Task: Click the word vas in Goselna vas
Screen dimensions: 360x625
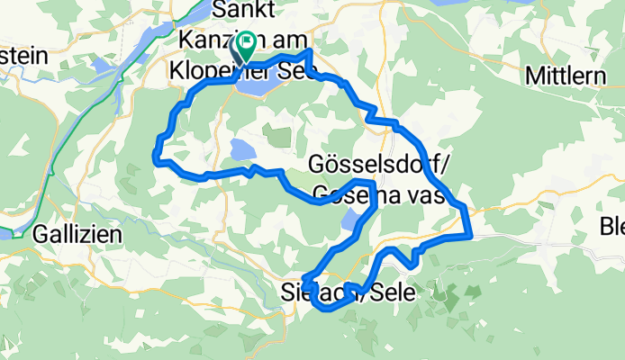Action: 425,193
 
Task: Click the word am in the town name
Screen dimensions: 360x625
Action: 288,41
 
